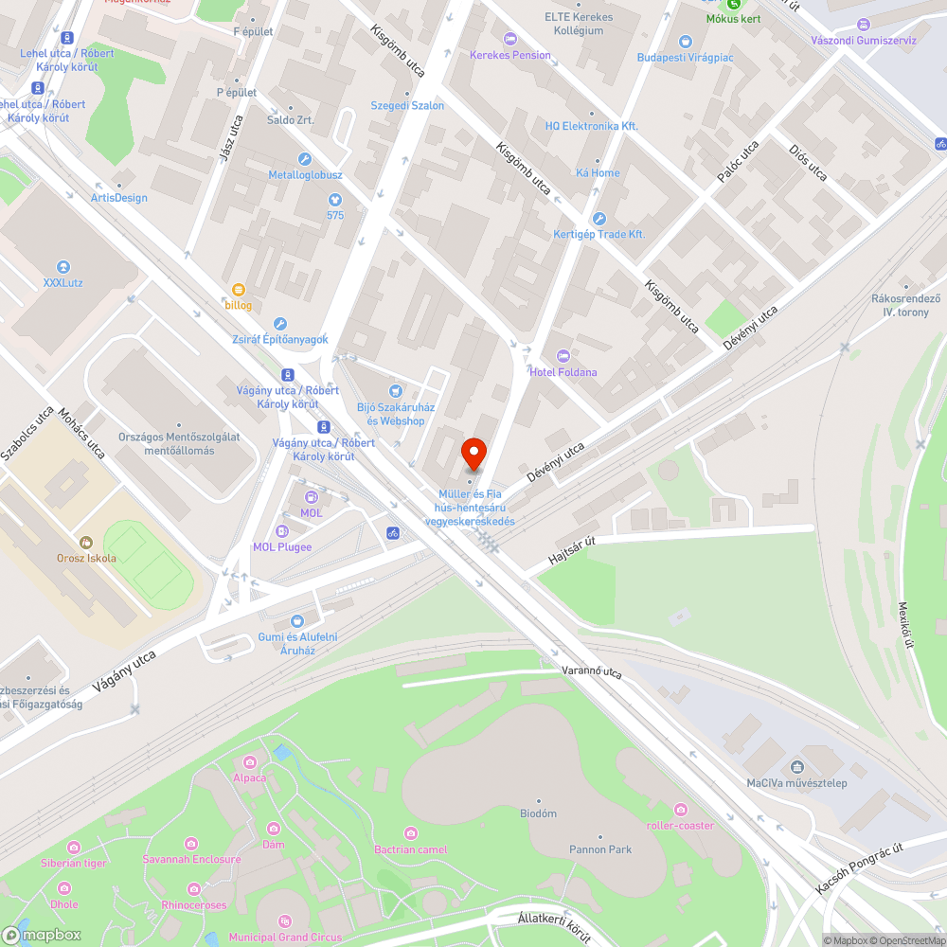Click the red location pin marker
tap(473, 454)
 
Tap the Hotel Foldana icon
tap(563, 355)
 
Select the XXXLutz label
tap(63, 282)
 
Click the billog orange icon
tap(239, 289)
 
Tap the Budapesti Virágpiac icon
tap(686, 41)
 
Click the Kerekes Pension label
tap(510, 55)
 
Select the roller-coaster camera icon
tap(680, 809)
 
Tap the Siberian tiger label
tap(73, 863)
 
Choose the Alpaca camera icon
tap(250, 762)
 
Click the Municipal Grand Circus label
tap(285, 938)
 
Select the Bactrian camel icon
tap(410, 833)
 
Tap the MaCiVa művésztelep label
tap(796, 783)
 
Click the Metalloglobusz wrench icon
tap(305, 159)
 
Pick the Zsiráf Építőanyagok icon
tap(279, 324)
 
